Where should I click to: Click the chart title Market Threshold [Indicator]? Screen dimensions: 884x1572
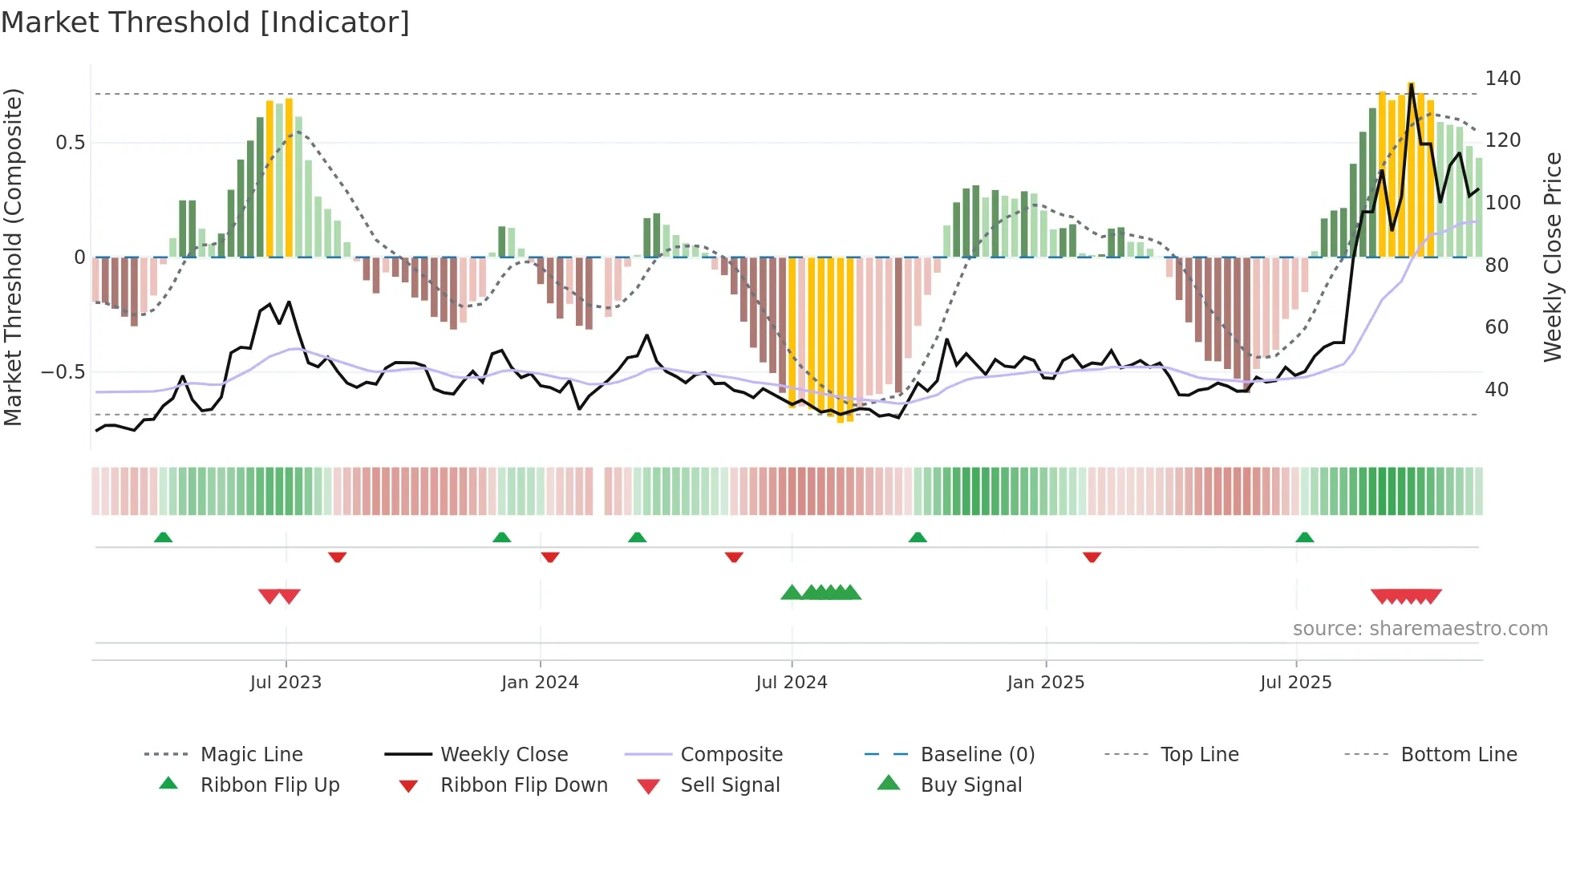click(205, 22)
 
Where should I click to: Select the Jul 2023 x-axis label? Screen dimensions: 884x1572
click(286, 683)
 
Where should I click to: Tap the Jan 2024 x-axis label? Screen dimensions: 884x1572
click(540, 683)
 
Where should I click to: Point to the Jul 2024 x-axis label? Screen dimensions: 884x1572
click(792, 683)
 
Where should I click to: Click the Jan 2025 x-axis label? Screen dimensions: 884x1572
click(1046, 683)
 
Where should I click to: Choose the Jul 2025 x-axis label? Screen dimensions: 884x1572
click(1296, 683)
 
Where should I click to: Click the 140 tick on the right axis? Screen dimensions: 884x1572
click(1502, 79)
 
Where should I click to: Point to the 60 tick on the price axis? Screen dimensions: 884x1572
click(1497, 327)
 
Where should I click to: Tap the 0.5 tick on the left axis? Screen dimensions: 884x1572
click(70, 143)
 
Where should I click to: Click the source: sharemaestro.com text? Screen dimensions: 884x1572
click(1420, 629)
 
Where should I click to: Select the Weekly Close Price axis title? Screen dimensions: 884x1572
click(1553, 257)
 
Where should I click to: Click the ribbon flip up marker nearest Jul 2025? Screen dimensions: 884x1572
click(1305, 537)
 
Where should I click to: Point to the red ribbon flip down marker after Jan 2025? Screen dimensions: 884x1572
click(1092, 557)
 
